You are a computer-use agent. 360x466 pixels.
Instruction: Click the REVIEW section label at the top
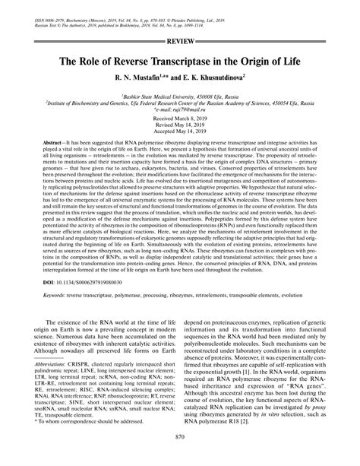[180, 37]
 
